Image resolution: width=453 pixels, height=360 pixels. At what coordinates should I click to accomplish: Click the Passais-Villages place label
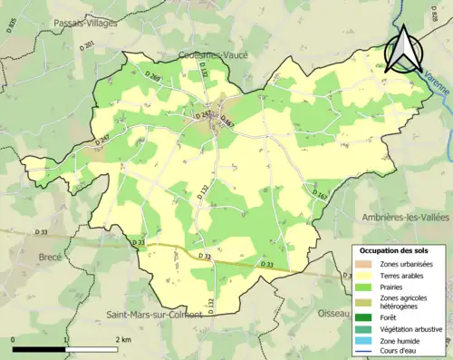coord(87,23)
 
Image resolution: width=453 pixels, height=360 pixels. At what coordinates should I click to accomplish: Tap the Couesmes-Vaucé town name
coord(214,54)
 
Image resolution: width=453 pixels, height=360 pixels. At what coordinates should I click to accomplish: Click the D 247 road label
coord(103,140)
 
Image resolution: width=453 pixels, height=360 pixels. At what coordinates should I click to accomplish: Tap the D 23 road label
coord(138,242)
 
